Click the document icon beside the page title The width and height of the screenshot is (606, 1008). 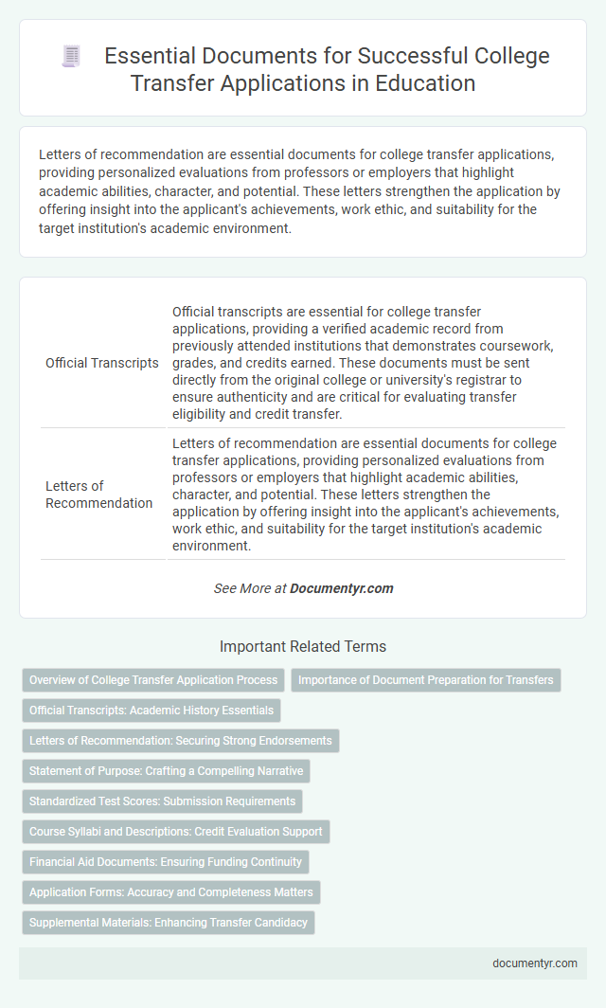pos(72,57)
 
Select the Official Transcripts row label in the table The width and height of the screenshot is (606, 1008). pos(102,363)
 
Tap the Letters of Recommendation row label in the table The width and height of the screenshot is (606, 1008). pos(98,494)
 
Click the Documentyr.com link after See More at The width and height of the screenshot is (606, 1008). pos(341,588)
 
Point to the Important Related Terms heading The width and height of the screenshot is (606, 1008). pos(303,647)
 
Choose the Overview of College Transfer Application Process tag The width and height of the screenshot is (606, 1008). pos(153,680)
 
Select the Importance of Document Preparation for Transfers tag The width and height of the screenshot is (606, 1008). pos(425,680)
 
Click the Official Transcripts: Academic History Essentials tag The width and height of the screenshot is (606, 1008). pos(151,711)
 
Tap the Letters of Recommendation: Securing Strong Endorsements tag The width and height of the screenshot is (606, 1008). pos(180,741)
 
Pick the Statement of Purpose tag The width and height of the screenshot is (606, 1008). pos(166,771)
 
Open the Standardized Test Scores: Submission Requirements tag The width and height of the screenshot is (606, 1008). pos(162,801)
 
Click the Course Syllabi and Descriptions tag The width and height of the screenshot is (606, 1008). pos(175,832)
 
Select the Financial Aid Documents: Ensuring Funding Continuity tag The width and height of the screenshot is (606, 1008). pos(166,862)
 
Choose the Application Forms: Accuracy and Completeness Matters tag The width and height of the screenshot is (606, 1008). pos(171,892)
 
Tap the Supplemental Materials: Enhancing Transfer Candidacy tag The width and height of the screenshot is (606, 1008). pos(169,923)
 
